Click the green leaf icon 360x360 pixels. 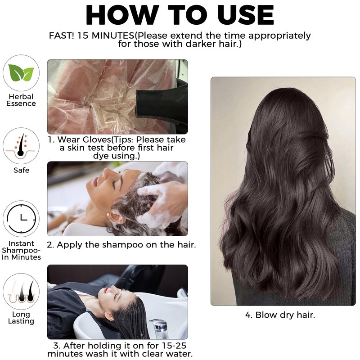pyautogui.click(x=21, y=72)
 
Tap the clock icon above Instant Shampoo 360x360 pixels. pyautogui.click(x=21, y=218)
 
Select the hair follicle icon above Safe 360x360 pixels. pyautogui.click(x=21, y=145)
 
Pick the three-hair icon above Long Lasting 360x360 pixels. pyautogui.click(x=21, y=291)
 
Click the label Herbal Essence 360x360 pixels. pyautogui.click(x=21, y=100)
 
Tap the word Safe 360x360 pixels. pyautogui.click(x=21, y=170)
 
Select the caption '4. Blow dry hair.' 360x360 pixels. pyautogui.click(x=280, y=315)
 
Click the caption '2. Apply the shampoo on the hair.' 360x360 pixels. pyautogui.click(x=121, y=245)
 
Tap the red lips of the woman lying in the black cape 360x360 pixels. pyautogui.click(x=106, y=291)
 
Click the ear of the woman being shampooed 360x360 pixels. pyautogui.click(x=116, y=216)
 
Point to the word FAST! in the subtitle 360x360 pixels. pyautogui.click(x=61, y=36)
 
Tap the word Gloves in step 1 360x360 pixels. pyautogui.click(x=97, y=139)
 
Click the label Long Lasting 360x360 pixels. pyautogui.click(x=21, y=318)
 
